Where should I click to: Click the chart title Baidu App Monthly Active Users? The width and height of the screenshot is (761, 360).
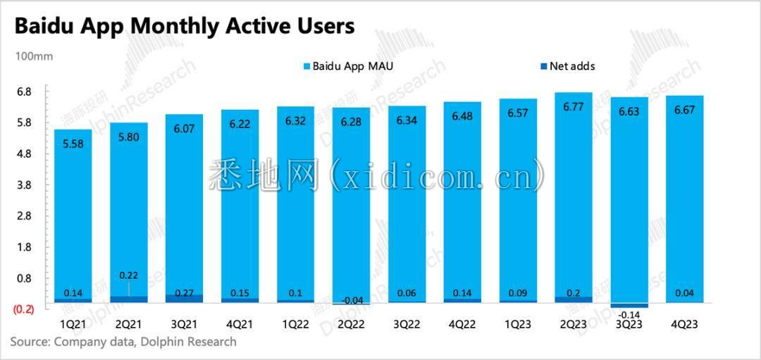point(185,26)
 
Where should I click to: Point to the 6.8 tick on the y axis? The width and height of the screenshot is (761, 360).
point(24,92)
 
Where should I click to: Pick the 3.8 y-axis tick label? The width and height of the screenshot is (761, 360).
point(24,185)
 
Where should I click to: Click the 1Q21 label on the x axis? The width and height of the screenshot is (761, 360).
point(72,324)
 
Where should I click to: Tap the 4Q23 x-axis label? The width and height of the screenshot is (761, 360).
point(683,324)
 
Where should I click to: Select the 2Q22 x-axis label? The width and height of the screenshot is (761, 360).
point(350,324)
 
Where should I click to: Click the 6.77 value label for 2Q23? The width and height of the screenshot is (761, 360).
point(572,107)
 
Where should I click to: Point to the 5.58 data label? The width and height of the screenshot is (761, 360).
point(72,144)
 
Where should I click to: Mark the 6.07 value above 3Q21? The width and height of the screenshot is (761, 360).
point(183,129)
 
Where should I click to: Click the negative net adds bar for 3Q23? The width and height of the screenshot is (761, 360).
point(628,305)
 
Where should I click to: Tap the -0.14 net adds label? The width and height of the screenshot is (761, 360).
point(628,314)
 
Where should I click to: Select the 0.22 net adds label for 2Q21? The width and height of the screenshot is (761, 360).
point(128,275)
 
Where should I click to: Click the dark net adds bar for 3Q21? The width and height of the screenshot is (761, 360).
point(183,299)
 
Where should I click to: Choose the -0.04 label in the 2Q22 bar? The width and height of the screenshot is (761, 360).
point(350,301)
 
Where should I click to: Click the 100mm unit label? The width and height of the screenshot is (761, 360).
point(34,56)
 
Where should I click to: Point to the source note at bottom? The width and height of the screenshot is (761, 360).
point(123,342)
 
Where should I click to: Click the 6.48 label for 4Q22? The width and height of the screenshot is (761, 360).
point(462,116)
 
